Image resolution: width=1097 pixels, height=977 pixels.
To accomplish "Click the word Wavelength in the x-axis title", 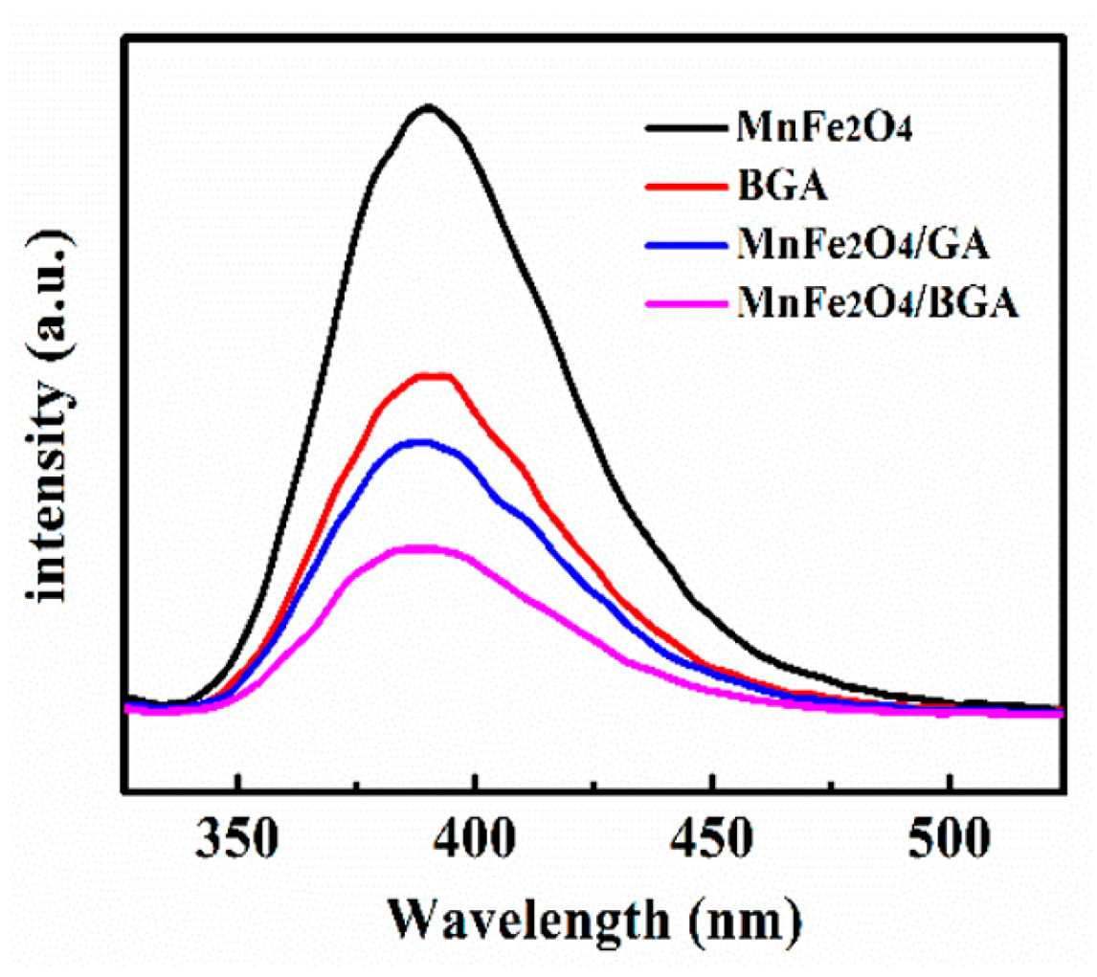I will pos(526,923).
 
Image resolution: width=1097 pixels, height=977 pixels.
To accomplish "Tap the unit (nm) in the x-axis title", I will pos(741,923).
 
